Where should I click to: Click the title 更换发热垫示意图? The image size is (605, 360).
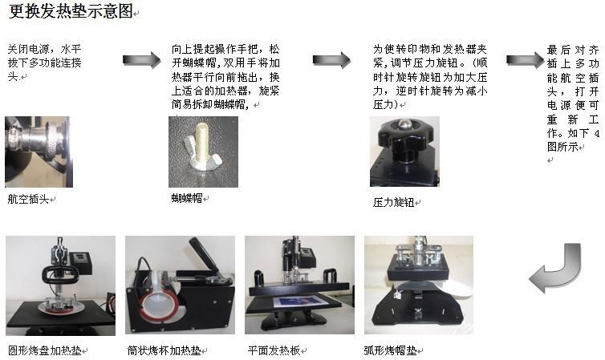(71, 10)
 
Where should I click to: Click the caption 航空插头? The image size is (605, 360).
(28, 199)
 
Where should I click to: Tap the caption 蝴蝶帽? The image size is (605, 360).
(187, 198)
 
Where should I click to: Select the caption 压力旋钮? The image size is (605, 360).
(393, 202)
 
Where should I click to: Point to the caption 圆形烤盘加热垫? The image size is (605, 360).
(45, 350)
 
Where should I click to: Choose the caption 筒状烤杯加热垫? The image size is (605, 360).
(164, 350)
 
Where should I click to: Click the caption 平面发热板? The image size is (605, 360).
(274, 350)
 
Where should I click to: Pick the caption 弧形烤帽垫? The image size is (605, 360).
(391, 350)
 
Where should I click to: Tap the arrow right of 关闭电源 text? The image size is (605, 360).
(141, 60)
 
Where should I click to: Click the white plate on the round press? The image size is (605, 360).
(62, 307)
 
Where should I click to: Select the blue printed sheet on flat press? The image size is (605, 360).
(301, 301)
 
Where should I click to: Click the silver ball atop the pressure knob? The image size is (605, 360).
(404, 123)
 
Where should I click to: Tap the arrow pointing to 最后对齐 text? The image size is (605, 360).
(525, 60)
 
